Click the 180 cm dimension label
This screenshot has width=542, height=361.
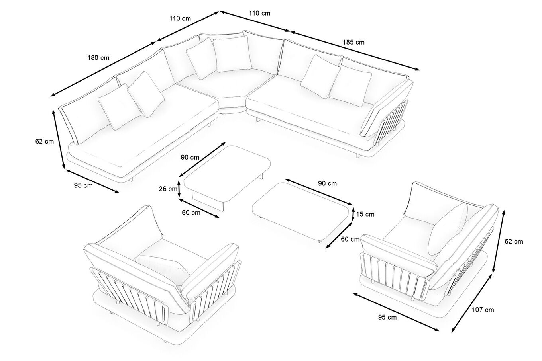[x=98, y=58]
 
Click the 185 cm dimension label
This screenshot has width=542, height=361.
[x=353, y=42]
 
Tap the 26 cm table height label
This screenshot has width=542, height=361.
[x=168, y=189]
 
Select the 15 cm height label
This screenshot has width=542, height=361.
[x=365, y=214]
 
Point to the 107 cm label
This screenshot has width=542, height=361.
[x=483, y=310]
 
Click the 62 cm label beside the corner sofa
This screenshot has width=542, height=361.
[x=45, y=142]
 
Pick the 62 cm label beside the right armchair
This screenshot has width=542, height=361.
[x=514, y=241]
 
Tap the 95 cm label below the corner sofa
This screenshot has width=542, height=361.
[x=83, y=185]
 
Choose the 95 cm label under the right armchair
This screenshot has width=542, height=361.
[x=387, y=317]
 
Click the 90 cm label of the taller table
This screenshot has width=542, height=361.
[x=190, y=157]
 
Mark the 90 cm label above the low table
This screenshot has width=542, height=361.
[x=327, y=183]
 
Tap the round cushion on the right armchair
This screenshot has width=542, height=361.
[x=448, y=229]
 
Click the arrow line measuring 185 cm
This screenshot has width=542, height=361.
[x=355, y=51]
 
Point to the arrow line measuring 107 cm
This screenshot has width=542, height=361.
[x=472, y=303]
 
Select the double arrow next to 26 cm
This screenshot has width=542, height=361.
[x=179, y=189]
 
